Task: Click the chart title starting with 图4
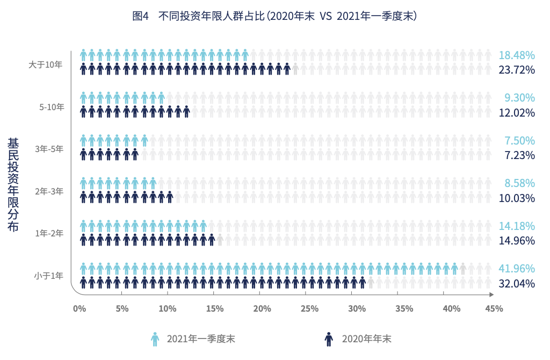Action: point(274,16)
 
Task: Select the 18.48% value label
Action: point(517,55)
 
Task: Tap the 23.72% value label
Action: point(517,70)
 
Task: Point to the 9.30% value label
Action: point(519,98)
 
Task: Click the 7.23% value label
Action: point(519,155)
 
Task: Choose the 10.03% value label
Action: point(517,198)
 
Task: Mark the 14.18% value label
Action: point(517,226)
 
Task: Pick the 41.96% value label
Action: point(517,269)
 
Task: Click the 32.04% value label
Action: point(517,283)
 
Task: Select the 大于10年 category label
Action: point(46,64)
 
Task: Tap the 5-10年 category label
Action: point(52,107)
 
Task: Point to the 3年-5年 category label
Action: point(49,149)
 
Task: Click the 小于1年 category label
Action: point(49,276)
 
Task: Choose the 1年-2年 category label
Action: point(49,233)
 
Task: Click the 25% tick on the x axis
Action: point(309,309)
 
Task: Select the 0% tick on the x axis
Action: point(79,309)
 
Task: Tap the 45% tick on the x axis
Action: point(494,309)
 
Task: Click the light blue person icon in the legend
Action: point(155,339)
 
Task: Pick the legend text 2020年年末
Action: point(366,339)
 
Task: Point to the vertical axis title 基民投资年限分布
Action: point(13,185)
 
